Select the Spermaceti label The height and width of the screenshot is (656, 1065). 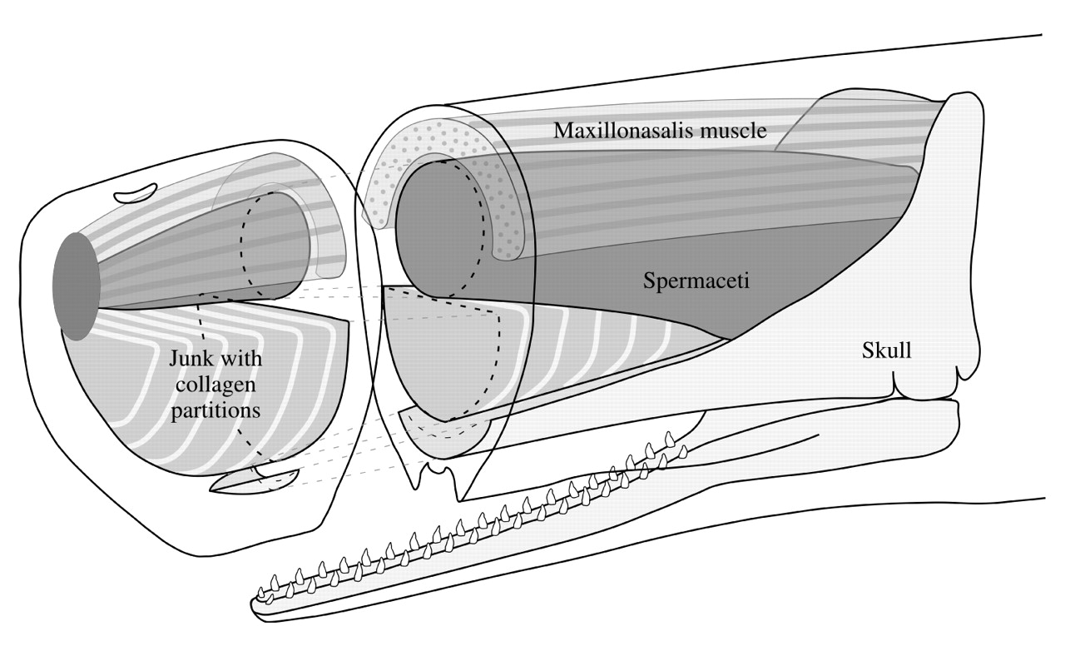coord(696,281)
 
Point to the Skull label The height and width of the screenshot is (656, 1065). coord(886,350)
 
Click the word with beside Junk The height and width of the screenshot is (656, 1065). coord(242,360)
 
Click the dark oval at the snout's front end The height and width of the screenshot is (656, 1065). coord(75,286)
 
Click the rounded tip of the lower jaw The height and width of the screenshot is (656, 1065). coord(256,606)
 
